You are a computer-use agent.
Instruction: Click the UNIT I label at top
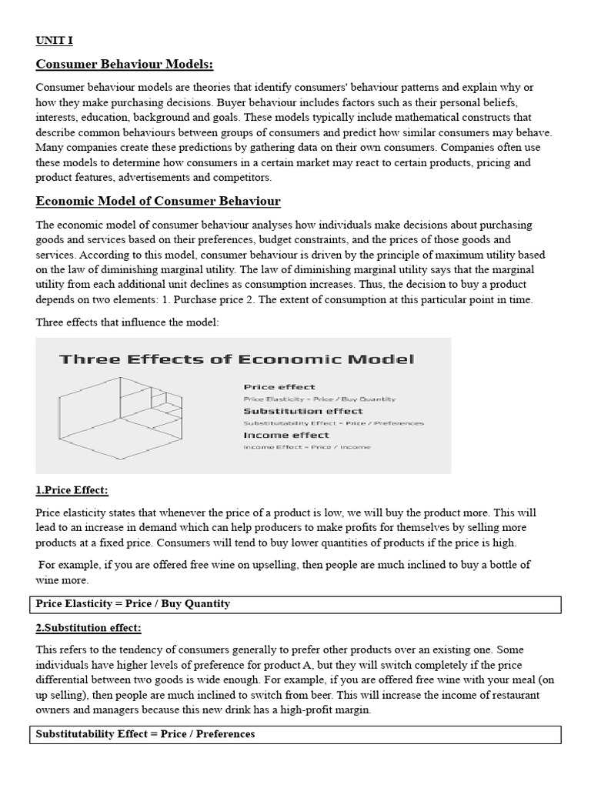click(54, 40)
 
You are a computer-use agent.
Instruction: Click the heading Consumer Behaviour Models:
click(125, 64)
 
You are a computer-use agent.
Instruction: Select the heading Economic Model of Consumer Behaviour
click(158, 202)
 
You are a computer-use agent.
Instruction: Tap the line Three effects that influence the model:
click(127, 322)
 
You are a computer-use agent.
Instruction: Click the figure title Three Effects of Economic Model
click(237, 359)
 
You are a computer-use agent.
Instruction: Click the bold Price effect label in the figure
click(279, 387)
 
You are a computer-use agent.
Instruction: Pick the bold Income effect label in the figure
click(285, 435)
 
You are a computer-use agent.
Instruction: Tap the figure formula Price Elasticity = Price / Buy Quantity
click(319, 399)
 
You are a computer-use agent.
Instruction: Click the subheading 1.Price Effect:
click(72, 490)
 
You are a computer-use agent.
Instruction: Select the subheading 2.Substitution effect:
click(88, 628)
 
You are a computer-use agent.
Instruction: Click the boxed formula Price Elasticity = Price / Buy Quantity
click(133, 604)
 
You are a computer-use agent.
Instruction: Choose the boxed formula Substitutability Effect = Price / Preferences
click(145, 734)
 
